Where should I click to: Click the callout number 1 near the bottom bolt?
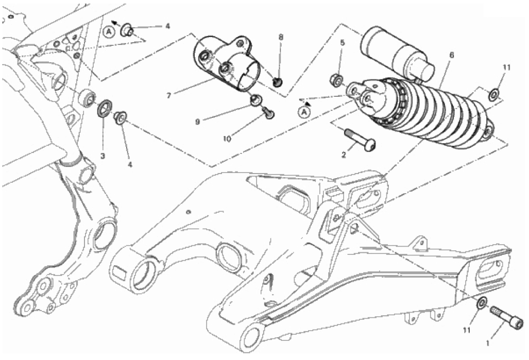[x=487, y=344]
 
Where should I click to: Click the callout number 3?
[x=103, y=156]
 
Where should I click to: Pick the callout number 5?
[x=343, y=43]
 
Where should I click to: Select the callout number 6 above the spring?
[x=452, y=55]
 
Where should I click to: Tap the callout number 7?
[x=168, y=95]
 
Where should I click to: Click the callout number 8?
[x=281, y=37]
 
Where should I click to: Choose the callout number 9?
[x=198, y=122]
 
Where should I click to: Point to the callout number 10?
[x=227, y=139]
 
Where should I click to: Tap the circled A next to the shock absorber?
[x=304, y=112]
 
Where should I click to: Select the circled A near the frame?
[x=109, y=32]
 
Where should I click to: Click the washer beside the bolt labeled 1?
[x=481, y=302]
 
